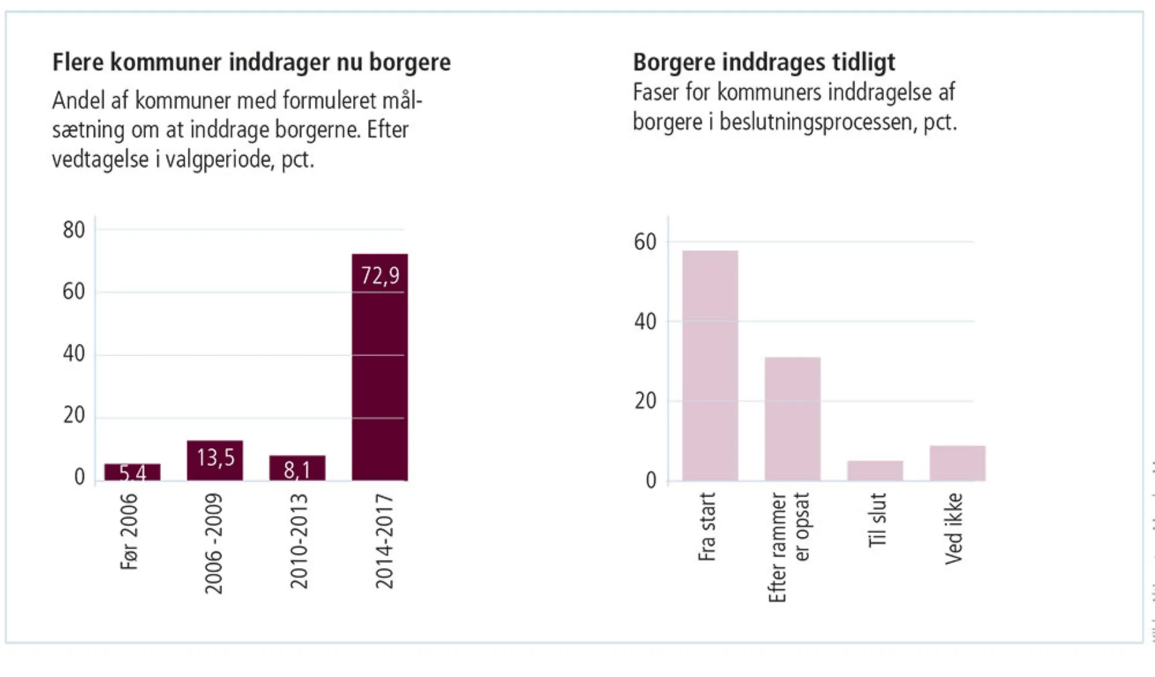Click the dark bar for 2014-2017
click(379, 375)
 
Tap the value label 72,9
click(379, 276)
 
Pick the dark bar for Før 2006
click(132, 472)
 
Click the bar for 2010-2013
click(297, 468)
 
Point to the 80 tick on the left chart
click(74, 230)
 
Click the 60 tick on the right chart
click(645, 242)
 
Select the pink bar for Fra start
click(710, 365)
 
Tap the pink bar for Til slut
click(875, 470)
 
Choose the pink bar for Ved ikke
click(957, 463)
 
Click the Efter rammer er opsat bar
click(792, 418)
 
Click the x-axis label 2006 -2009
click(214, 543)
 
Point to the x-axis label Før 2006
click(129, 531)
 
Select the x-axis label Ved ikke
click(954, 528)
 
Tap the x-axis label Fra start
click(707, 526)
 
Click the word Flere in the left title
click(77, 62)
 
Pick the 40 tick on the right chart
click(645, 321)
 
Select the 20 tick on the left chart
click(74, 415)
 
